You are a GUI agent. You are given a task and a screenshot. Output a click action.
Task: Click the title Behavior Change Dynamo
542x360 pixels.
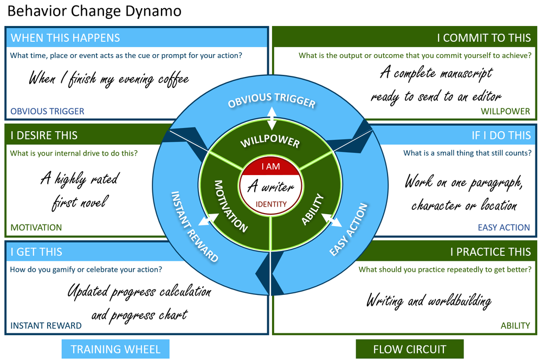pos(94,11)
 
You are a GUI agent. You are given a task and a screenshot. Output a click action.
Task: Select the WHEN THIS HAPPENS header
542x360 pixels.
pos(65,38)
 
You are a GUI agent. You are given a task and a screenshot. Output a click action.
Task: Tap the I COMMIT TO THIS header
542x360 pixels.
pos(484,38)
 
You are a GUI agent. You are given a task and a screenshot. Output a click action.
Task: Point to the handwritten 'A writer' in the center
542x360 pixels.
pos(270,187)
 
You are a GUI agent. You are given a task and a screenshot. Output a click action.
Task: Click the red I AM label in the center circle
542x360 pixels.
pos(270,167)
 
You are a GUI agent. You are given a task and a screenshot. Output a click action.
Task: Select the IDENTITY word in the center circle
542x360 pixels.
pos(270,204)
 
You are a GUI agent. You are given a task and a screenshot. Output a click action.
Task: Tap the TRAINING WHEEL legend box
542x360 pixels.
pos(115,349)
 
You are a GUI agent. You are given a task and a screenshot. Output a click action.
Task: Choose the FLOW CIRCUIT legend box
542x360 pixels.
pos(410,349)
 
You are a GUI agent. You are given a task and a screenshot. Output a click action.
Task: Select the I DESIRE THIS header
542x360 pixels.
pos(44,136)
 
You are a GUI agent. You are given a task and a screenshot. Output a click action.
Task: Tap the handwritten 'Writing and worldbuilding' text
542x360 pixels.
pos(429,300)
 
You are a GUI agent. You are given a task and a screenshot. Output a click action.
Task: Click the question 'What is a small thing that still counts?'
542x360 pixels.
pos(467,153)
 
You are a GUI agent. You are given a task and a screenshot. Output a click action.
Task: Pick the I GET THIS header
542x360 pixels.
pos(36,252)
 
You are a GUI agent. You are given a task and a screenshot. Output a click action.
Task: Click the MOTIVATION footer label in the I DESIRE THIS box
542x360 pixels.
pos(36,228)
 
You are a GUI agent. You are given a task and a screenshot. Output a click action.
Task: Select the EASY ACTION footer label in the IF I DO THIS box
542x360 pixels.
pos(504,228)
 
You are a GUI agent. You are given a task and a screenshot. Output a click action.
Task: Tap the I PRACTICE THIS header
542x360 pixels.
pos(490,252)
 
